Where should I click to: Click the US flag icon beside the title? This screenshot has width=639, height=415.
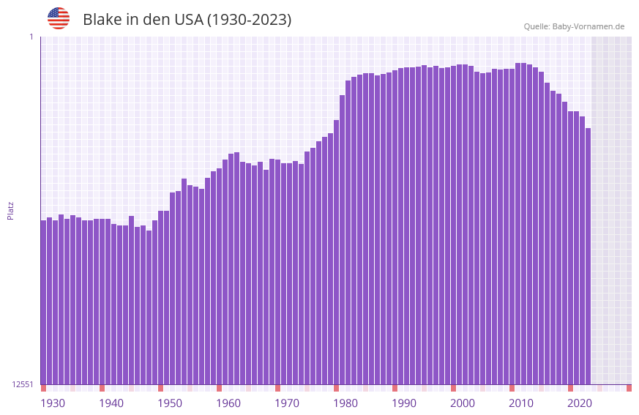pos(59,18)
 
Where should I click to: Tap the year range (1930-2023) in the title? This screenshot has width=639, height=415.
pos(249,20)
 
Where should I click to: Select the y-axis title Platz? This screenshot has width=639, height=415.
pos(10,210)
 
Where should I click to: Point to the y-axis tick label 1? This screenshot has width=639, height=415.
pos(31,37)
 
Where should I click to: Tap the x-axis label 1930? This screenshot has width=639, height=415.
pos(53,403)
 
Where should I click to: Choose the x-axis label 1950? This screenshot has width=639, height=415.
pos(170,403)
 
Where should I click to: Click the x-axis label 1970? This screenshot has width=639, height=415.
pos(287,403)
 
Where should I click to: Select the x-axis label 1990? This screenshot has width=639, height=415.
pos(404,403)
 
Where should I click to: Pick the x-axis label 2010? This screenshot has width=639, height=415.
pos(521,403)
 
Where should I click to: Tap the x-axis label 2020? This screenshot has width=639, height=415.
pos(580,403)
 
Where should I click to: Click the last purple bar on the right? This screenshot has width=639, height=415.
pos(588,256)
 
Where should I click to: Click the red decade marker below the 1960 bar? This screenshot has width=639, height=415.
pos(219,388)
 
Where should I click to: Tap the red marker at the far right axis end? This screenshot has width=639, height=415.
pos(629,388)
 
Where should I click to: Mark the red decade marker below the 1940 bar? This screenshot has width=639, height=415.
pos(102,388)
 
